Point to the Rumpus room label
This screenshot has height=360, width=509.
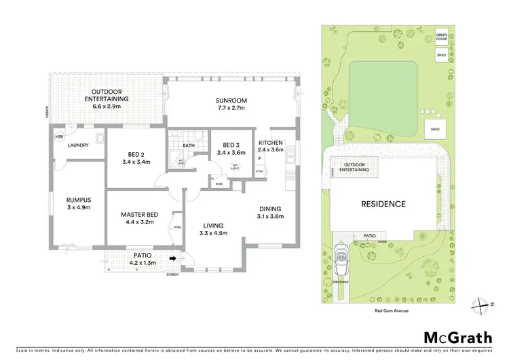(x=78, y=199)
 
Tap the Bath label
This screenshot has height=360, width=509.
(x=189, y=145)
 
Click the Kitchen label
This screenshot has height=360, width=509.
(x=271, y=143)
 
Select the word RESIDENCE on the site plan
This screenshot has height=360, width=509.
(x=382, y=204)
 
